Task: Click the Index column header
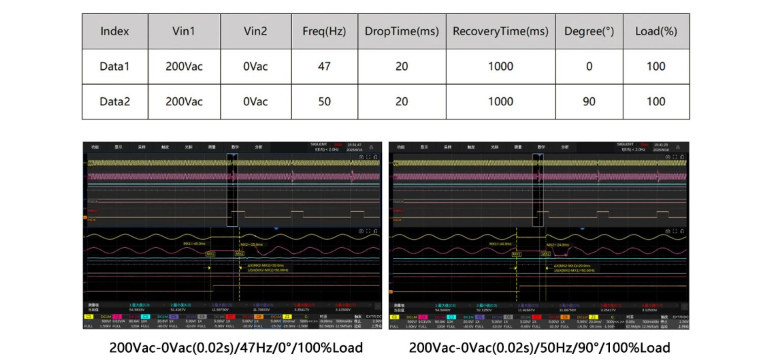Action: (115, 31)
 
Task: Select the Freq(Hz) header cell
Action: (323, 31)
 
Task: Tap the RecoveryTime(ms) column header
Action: (501, 31)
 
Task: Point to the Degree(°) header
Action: (589, 31)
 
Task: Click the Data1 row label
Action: (115, 67)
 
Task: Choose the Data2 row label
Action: (115, 102)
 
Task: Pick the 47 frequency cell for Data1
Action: (323, 67)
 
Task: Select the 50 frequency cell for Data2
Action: (323, 102)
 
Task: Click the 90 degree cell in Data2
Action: (589, 102)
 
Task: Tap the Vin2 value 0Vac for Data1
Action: (255, 67)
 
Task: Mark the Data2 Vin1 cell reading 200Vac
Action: (184, 102)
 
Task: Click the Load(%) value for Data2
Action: (656, 102)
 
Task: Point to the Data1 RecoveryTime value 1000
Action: (501, 67)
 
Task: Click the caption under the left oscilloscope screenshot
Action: (237, 347)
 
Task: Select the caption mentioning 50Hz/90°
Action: (539, 347)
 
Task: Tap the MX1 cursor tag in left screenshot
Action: (211, 254)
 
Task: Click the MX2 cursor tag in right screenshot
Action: (546, 254)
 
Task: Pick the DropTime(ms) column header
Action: (401, 31)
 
